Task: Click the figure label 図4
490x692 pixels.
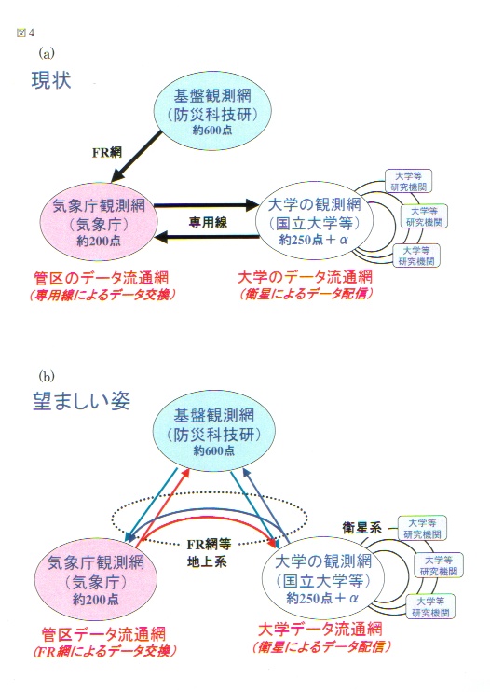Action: point(25,33)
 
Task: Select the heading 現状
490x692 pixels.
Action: point(51,81)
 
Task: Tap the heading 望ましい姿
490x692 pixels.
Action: point(82,401)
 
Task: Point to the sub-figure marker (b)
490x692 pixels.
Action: point(47,376)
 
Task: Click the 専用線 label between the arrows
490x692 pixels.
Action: point(208,222)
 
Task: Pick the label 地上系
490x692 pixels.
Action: point(207,561)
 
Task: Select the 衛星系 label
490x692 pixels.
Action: point(361,527)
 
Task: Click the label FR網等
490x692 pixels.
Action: point(209,544)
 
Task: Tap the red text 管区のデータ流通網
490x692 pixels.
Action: point(102,279)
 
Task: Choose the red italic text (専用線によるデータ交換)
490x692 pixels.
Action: point(102,295)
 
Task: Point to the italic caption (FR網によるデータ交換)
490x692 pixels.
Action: point(105,651)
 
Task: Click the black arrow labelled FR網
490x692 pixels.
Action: point(137,157)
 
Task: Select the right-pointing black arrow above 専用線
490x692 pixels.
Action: point(206,205)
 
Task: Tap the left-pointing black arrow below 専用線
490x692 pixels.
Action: point(206,238)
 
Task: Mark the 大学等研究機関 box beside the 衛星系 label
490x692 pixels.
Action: point(422,528)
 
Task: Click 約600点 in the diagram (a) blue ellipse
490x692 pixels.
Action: point(212,131)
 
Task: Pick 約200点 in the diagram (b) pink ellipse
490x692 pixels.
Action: point(96,600)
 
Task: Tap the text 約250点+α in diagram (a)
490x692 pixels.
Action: point(314,240)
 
